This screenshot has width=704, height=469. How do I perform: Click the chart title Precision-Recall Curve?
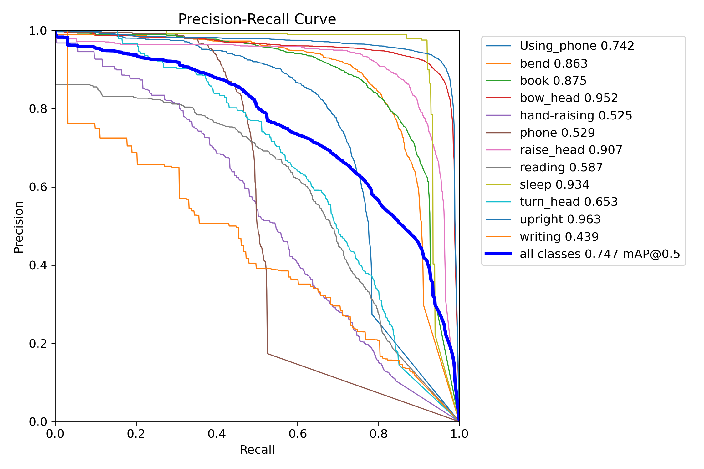coord(257,19)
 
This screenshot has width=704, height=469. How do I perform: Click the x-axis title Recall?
coord(257,450)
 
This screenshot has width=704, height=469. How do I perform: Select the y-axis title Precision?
coord(19,227)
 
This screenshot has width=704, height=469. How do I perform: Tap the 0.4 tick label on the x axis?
coord(217,434)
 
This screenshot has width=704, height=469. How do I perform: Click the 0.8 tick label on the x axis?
coord(378,434)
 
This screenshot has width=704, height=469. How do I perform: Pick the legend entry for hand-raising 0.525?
coord(576,115)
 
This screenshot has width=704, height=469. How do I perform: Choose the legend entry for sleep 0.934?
coord(554,184)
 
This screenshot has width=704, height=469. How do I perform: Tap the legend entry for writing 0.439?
coord(559,237)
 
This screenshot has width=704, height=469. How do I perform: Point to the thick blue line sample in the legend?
coord(498,254)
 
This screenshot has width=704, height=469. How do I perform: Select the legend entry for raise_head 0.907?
coord(571,150)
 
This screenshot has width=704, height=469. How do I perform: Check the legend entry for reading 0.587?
coord(561,167)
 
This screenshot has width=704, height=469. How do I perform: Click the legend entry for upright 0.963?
coord(560,219)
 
